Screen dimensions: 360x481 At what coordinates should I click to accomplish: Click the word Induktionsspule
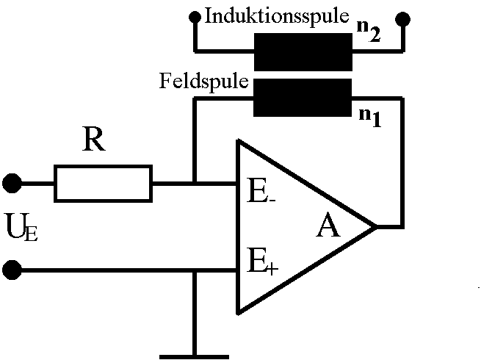[277, 15]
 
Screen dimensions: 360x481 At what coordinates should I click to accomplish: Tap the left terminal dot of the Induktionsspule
[195, 16]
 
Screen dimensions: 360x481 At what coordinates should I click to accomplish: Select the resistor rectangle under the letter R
[103, 183]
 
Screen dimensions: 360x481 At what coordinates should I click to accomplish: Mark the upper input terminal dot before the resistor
[12, 182]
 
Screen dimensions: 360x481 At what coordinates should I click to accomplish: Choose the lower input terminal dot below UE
[12, 270]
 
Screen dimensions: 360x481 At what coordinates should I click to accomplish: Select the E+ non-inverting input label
[263, 261]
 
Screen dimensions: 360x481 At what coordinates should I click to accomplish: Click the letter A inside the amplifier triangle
[328, 227]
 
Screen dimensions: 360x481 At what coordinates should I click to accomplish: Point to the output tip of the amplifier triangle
[375, 226]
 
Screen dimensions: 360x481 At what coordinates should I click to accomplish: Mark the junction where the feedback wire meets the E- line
[194, 183]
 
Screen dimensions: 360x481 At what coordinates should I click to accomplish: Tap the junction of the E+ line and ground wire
[194, 270]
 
